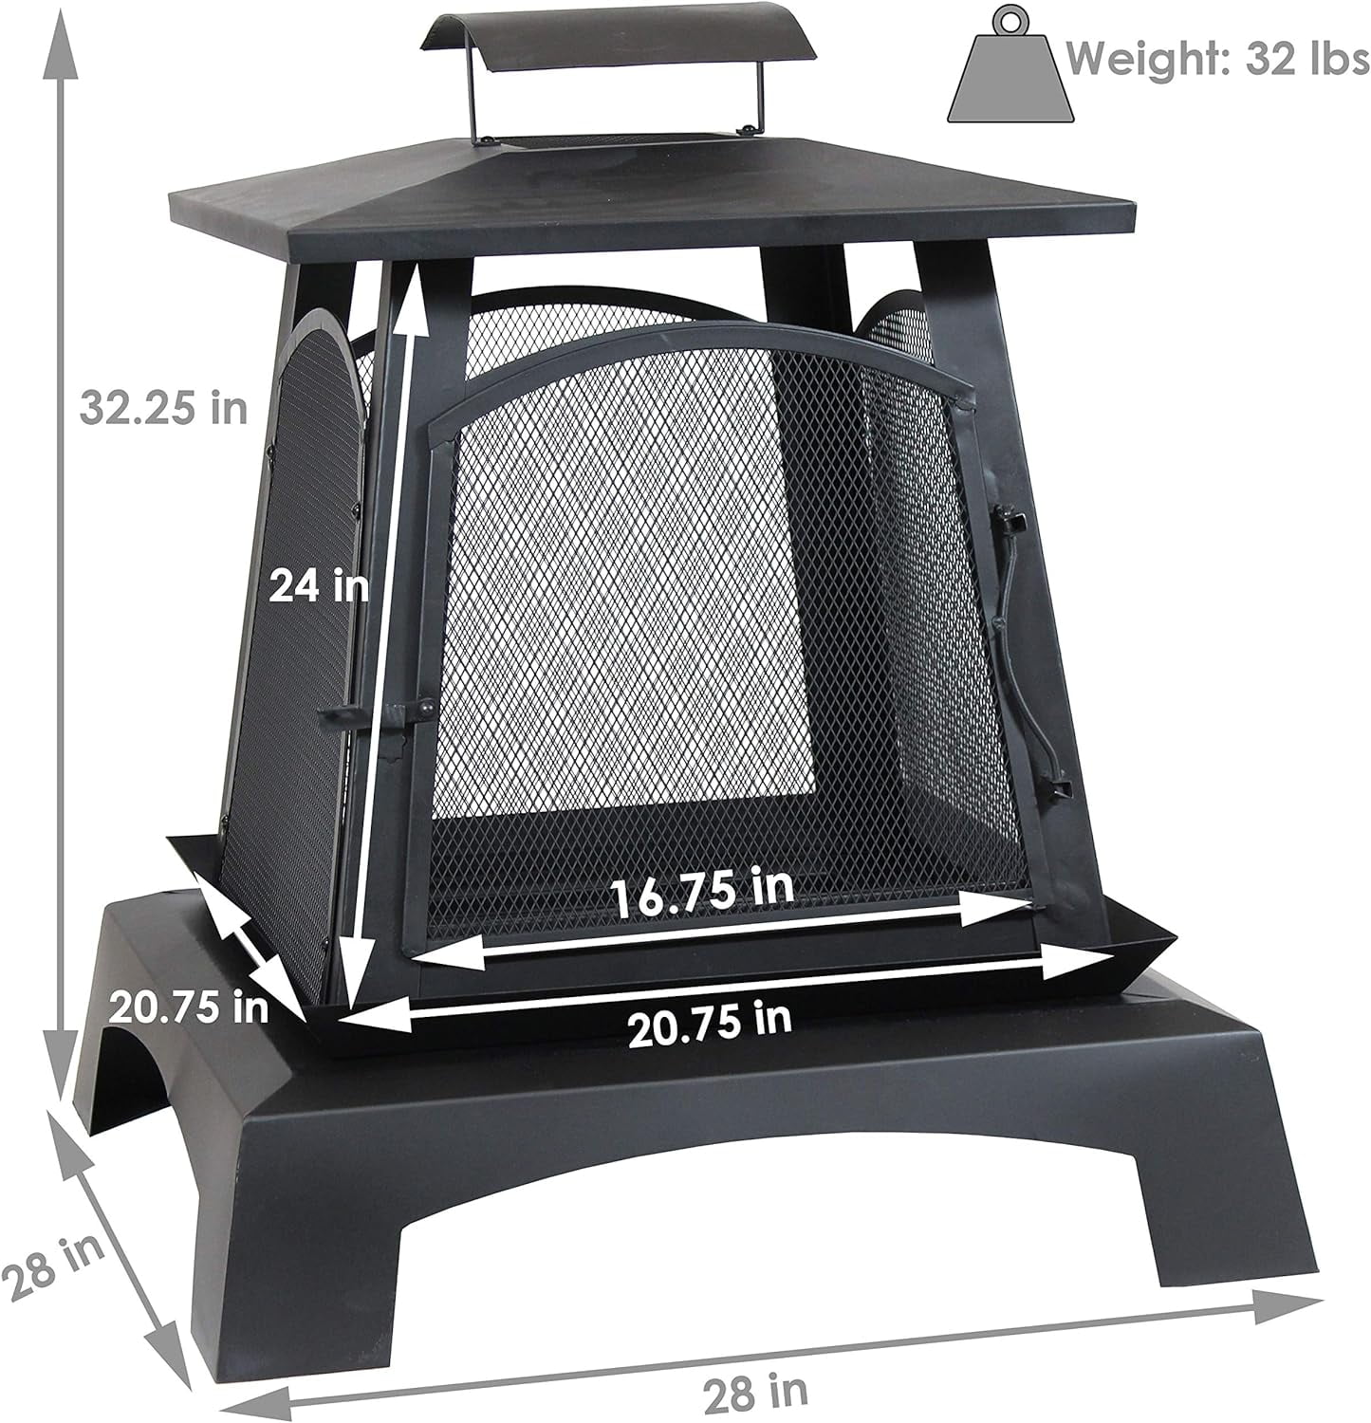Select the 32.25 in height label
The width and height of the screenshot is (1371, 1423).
click(x=163, y=407)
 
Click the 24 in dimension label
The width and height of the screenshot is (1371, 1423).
click(x=319, y=585)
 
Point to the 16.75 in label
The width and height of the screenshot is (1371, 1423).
click(x=702, y=894)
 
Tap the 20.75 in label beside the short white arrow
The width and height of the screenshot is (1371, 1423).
click(x=188, y=1006)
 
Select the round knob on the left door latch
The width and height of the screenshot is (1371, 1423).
click(x=426, y=707)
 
